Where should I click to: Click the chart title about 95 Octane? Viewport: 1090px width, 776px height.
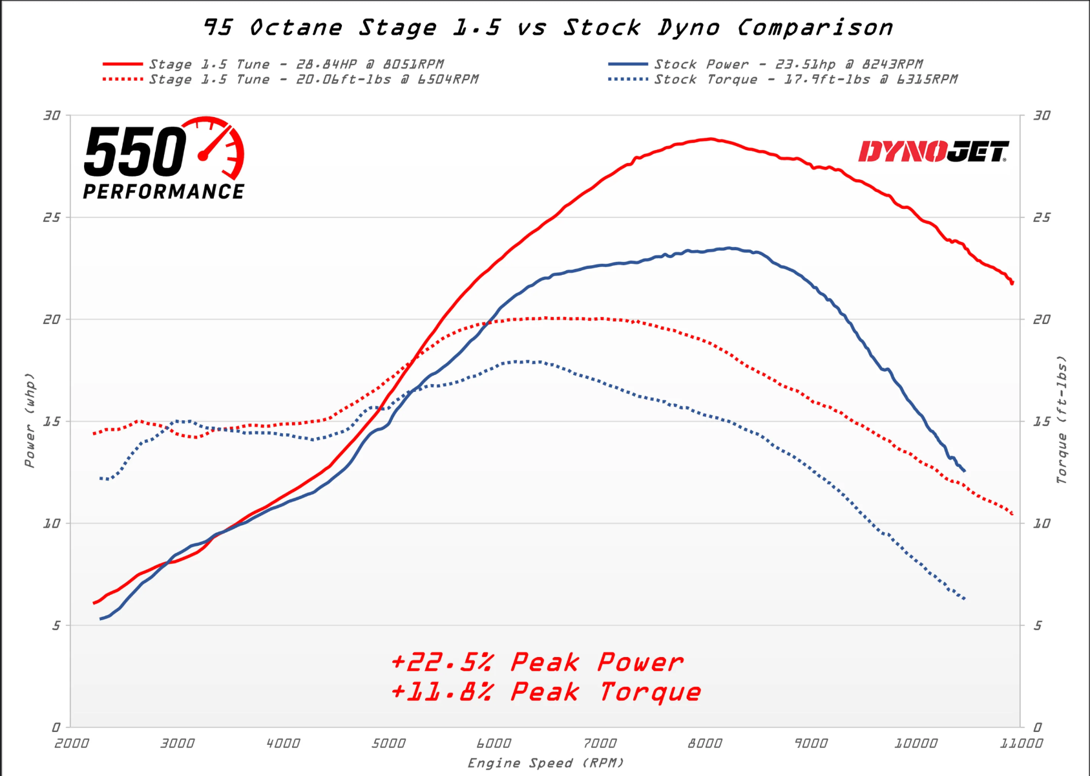548,28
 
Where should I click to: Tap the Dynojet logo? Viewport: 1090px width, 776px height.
933,152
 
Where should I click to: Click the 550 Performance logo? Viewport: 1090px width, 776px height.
164,159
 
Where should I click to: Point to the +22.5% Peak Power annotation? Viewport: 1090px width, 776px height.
537,662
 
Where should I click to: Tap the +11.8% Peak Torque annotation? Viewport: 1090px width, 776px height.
546,692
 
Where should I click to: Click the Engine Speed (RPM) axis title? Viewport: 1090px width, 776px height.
546,763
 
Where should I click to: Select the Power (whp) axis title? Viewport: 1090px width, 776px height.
30,420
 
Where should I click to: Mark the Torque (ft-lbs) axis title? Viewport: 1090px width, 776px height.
1061,420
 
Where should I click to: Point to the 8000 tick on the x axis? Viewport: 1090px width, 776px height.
705,744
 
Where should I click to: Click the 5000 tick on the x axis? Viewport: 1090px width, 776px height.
388,744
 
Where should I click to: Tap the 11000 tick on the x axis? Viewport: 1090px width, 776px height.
1021,744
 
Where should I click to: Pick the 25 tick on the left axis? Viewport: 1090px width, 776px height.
52,217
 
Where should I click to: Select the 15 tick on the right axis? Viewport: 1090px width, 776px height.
1042,422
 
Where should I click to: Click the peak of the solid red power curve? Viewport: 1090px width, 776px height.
710,139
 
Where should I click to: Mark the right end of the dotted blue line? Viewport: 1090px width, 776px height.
965,599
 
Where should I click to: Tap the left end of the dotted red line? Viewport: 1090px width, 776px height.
94,434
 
